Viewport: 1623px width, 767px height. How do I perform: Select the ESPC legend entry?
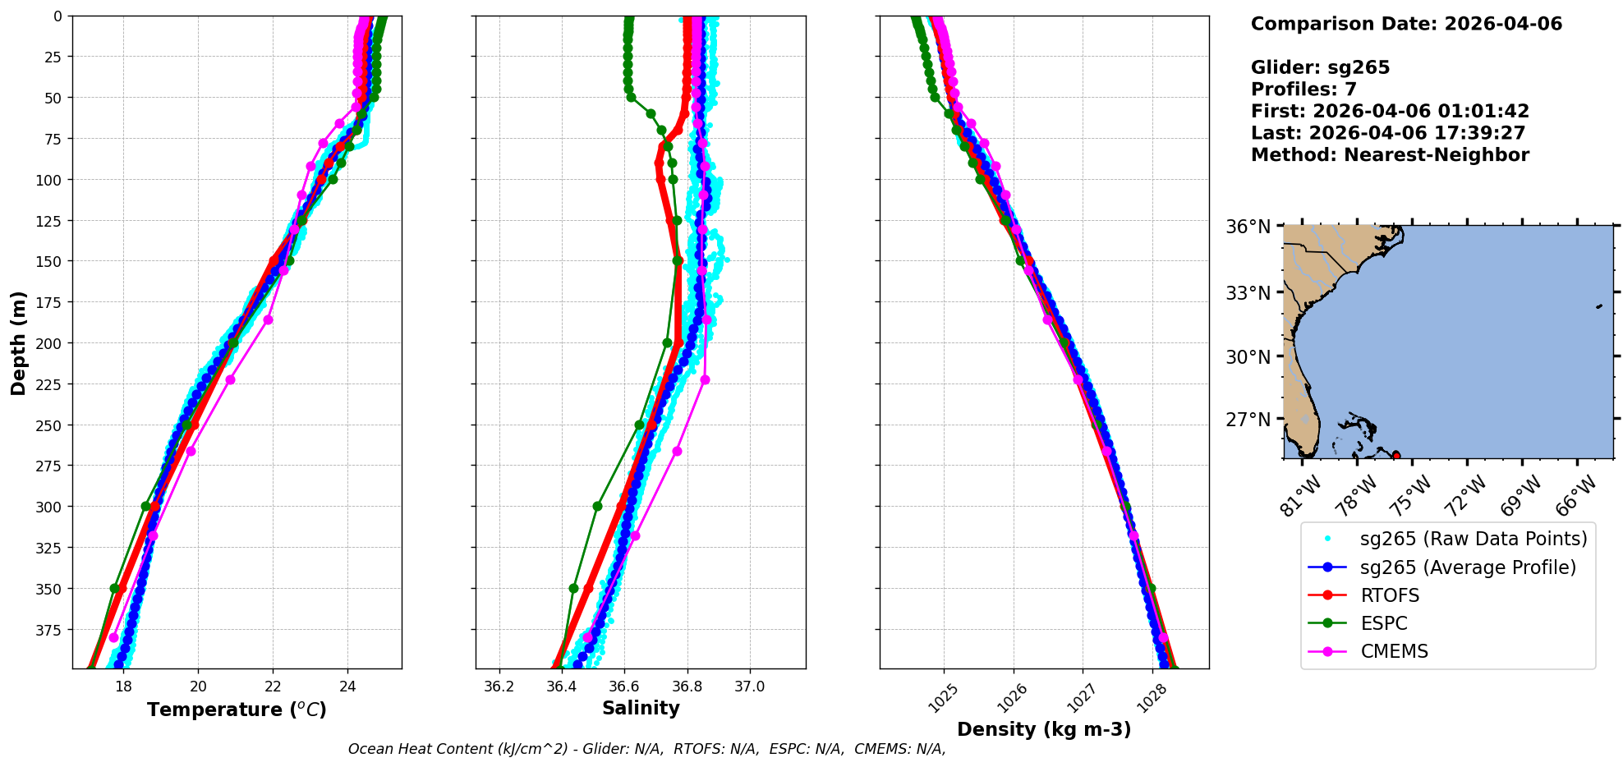tap(1383, 623)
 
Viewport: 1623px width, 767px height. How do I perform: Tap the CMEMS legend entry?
tap(1394, 651)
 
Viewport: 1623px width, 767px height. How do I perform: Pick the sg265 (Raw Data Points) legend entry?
tap(1474, 539)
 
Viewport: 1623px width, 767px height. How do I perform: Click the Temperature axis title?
tap(237, 710)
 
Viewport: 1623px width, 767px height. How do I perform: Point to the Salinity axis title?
tap(641, 709)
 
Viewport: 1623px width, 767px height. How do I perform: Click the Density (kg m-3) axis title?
tap(1044, 729)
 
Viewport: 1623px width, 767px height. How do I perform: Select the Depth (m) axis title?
tap(19, 342)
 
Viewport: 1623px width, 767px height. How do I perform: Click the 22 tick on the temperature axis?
tap(273, 687)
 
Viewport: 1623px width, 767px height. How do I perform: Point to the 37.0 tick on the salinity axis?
tap(749, 687)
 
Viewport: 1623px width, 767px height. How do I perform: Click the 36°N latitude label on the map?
tap(1248, 227)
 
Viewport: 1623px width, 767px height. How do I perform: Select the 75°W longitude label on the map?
tap(1414, 494)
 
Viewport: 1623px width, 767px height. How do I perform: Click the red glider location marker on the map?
tap(1396, 455)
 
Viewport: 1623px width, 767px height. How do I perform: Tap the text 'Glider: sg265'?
tap(1320, 67)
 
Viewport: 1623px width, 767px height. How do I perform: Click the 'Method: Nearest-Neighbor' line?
tap(1390, 155)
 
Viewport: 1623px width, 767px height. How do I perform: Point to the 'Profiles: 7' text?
tap(1303, 90)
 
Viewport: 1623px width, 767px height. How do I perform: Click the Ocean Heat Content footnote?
tap(646, 749)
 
